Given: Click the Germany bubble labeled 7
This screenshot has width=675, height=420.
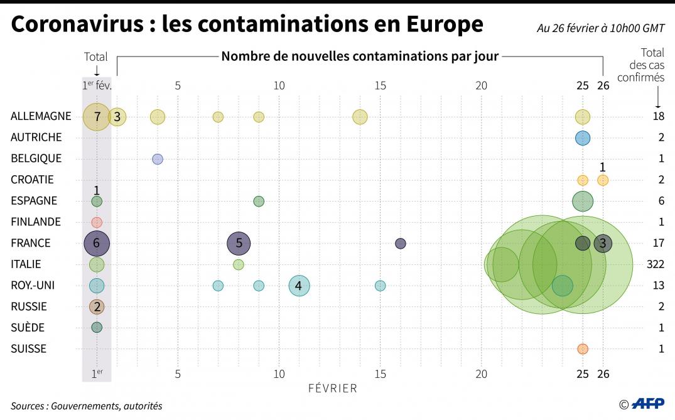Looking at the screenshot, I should click(x=96, y=117).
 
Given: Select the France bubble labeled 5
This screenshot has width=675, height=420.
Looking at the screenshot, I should click(x=239, y=243).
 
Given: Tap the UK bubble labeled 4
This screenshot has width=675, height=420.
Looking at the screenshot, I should click(x=299, y=286).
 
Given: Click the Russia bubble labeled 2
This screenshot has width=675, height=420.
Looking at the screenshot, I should click(x=96, y=307).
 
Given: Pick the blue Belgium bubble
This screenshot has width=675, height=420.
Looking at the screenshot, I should click(x=158, y=159).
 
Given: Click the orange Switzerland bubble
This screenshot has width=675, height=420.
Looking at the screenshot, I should click(x=583, y=348).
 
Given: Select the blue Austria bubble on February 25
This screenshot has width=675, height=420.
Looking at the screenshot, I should click(x=583, y=137).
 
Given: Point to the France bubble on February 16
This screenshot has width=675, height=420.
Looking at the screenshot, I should click(x=400, y=244).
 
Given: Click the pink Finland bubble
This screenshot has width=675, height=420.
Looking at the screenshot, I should click(x=96, y=222).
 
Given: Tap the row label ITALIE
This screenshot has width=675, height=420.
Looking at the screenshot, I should click(x=26, y=264).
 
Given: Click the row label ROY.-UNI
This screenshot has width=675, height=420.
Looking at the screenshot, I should click(x=33, y=286).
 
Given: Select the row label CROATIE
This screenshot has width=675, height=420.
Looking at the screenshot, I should click(x=32, y=180).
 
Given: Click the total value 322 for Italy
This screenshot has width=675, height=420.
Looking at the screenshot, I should click(x=655, y=264).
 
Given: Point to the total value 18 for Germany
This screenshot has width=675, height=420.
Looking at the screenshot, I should click(x=658, y=117).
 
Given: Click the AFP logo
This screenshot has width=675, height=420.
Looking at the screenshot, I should click(x=646, y=404).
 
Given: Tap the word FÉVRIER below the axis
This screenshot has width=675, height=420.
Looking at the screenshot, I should click(x=332, y=389).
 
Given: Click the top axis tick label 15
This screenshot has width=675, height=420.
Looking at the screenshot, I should click(x=380, y=85).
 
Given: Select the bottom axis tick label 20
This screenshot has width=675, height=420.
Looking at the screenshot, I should click(x=481, y=374).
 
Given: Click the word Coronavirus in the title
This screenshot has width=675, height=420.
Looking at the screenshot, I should click(x=78, y=24).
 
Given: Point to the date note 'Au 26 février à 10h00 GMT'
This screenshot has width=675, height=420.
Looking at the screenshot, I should click(x=600, y=28).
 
